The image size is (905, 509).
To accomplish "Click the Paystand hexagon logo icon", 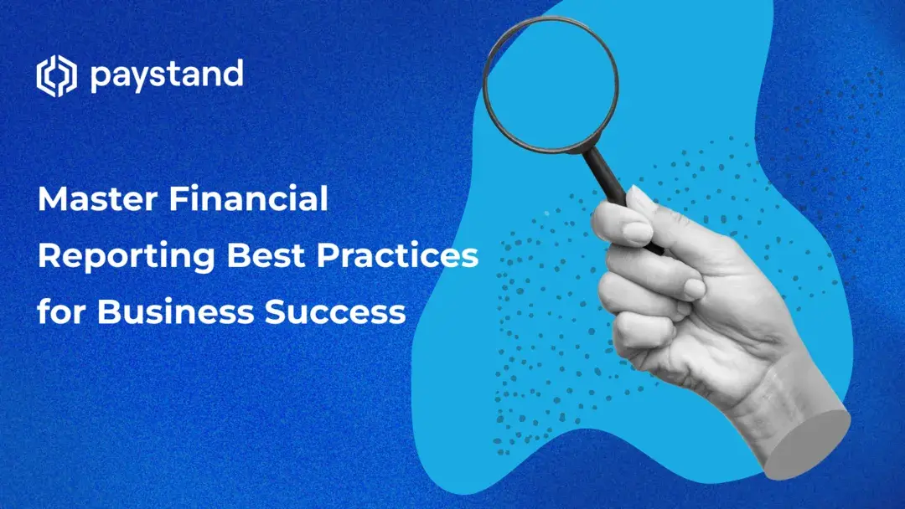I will (x=56, y=77).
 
